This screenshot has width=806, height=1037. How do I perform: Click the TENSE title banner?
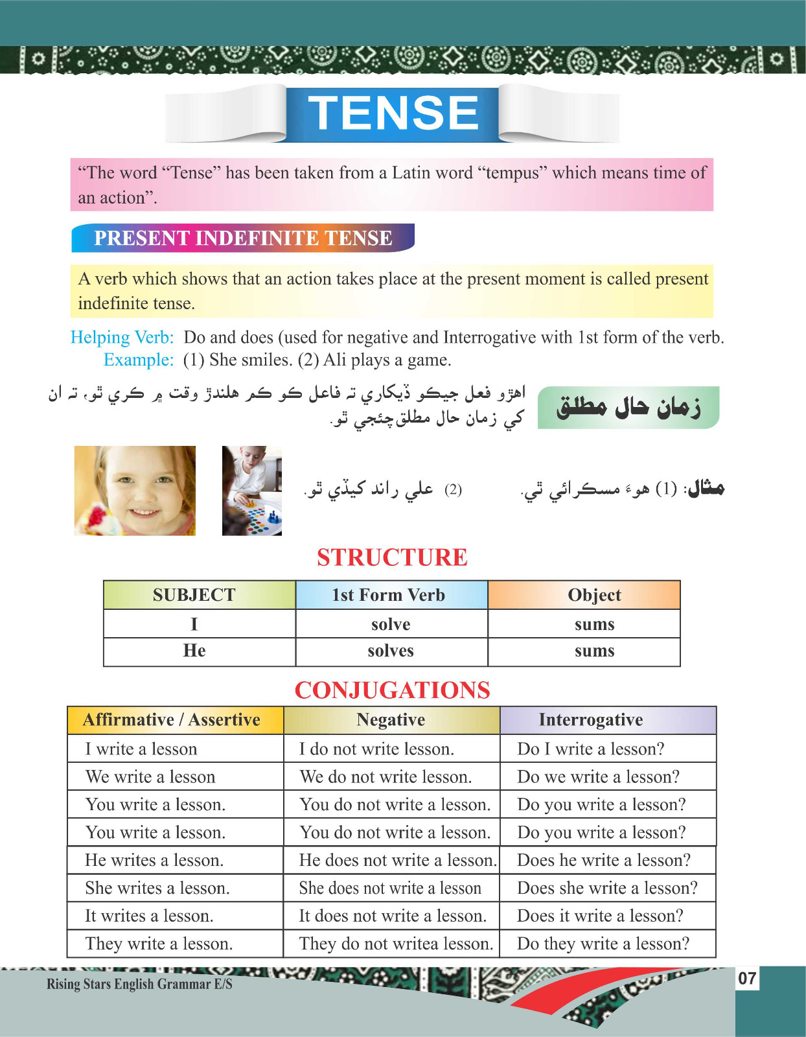tap(393, 113)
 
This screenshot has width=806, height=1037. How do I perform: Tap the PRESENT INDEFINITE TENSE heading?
tap(243, 238)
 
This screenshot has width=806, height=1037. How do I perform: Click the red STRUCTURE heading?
tap(392, 557)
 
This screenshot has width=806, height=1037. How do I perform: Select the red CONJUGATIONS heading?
tap(392, 690)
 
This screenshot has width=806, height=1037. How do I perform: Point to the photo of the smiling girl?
tap(135, 491)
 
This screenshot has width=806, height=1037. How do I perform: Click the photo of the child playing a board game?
tap(251, 491)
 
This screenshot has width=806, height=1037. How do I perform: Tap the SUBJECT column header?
tap(194, 595)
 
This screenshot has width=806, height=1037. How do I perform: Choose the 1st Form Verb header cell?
tap(389, 595)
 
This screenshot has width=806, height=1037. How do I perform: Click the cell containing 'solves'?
tap(391, 651)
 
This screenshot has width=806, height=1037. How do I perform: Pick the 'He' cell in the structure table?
tap(194, 651)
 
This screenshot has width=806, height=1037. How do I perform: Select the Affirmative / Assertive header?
tap(172, 720)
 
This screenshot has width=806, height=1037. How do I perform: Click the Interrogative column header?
tap(591, 720)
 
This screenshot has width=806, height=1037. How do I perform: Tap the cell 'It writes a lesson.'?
tap(149, 916)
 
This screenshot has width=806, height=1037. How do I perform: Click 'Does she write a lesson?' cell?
tap(607, 888)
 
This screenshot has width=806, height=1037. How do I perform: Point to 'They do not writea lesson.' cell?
tap(396, 944)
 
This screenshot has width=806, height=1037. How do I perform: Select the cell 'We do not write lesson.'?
tap(386, 776)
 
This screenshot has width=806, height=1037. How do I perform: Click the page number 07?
tap(747, 978)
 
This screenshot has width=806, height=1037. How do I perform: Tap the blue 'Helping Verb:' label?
tap(122, 337)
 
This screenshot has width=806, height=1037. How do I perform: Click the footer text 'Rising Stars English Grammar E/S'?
tap(139, 984)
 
